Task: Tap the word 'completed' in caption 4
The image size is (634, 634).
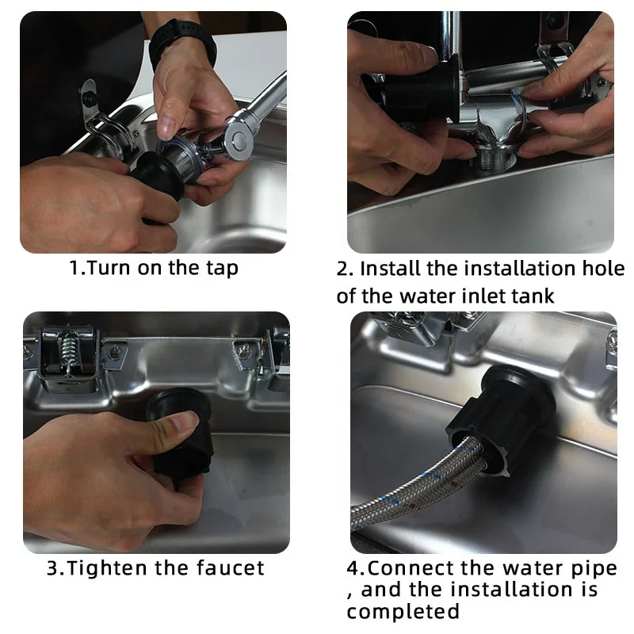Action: pos(403,611)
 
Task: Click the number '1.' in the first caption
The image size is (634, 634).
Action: pos(76,268)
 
